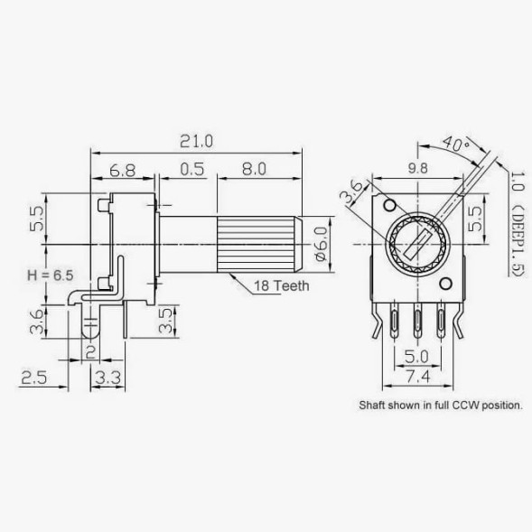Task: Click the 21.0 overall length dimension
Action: [x=196, y=141]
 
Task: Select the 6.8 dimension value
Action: [x=123, y=171]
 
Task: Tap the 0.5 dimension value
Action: [x=192, y=169]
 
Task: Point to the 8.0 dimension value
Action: [x=254, y=169]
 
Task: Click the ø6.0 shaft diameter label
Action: [x=322, y=244]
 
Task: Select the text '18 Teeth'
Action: [x=282, y=286]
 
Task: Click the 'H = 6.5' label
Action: [x=51, y=275]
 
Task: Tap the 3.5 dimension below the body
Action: [x=166, y=321]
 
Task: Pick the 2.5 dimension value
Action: [x=34, y=378]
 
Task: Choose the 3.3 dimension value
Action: [x=107, y=378]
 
